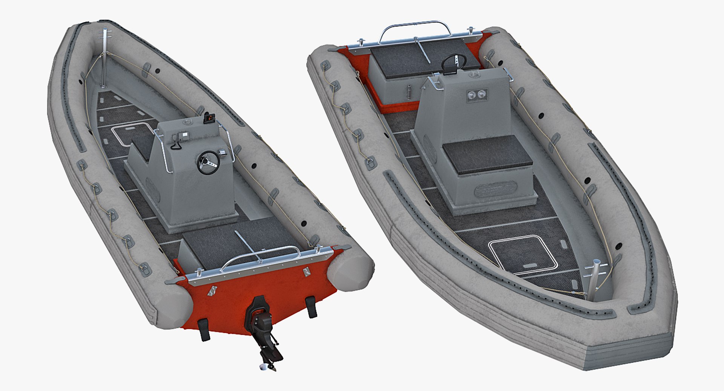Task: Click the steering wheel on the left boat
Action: coord(208,162)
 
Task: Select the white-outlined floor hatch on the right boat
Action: coord(523,254)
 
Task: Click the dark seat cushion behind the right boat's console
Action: coord(487,154)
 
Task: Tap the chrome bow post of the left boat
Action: coord(104,57)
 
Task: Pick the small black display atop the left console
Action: coord(208,118)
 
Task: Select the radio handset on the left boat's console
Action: coord(175,142)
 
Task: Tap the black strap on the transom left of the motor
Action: coord(204,328)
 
